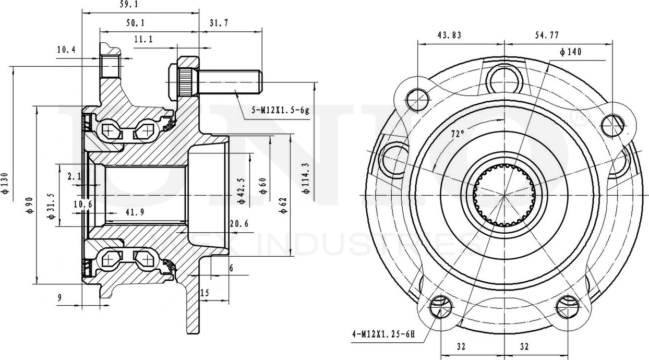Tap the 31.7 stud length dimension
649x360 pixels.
pos(220,22)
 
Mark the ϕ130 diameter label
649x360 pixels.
pos(6,183)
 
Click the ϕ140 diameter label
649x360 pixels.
pos(570,52)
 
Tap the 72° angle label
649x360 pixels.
pos(458,134)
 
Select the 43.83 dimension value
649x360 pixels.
pos(450,35)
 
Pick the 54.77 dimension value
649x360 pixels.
pos(546,35)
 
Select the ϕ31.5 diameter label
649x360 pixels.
pos(51,205)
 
